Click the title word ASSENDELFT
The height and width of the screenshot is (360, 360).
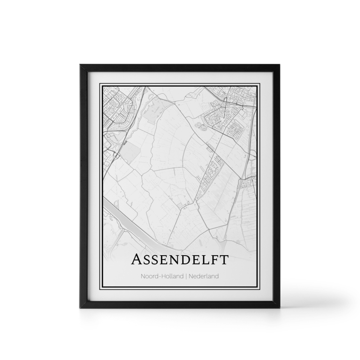[x=180, y=260]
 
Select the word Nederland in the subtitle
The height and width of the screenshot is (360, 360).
[x=204, y=276]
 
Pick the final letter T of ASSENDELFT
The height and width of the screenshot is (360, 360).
[x=224, y=260]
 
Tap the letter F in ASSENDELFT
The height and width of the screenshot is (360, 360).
[x=214, y=260]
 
